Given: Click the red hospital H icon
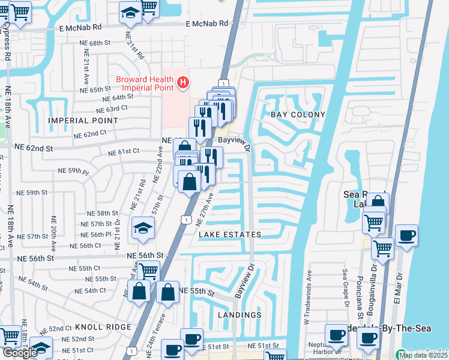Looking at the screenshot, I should click(184, 82).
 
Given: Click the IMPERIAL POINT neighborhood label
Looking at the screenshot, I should click(83, 121).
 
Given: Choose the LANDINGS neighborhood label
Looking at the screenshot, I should click(240, 315).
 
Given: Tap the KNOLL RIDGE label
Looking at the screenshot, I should click(103, 327).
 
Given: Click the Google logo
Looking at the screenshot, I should click(20, 353).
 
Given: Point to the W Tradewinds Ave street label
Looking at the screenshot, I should click(309, 295).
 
